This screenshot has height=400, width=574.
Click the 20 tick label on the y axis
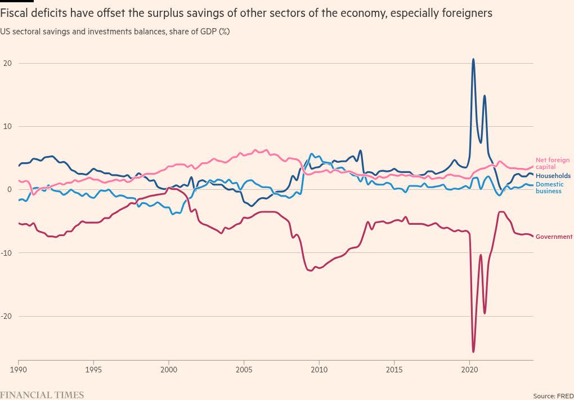[x=7, y=63]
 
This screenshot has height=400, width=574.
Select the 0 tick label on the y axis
[x=10, y=189]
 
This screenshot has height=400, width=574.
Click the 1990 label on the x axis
[x=18, y=370]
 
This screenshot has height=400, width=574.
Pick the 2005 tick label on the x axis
[x=244, y=370]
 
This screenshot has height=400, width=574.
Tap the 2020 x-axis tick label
[x=469, y=370]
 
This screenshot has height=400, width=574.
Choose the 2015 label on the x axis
[x=394, y=370]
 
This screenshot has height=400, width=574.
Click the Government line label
[x=554, y=237]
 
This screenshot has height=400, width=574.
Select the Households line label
[x=553, y=176]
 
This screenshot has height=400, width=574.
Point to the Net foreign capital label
[x=552, y=163]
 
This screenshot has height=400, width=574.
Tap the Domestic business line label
[x=549, y=188]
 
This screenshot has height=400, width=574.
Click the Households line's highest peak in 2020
[x=473, y=59]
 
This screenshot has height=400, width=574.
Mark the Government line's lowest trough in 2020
[x=473, y=352]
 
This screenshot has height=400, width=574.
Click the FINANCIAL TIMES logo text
[x=42, y=395]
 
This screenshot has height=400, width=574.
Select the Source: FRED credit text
[x=553, y=396]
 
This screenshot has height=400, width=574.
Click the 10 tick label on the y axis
[x=7, y=126]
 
